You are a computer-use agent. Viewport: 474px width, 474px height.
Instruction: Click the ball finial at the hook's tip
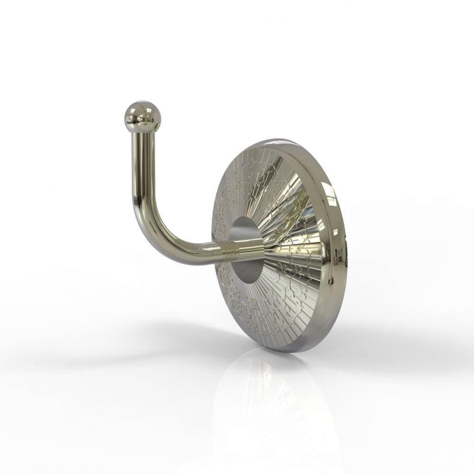[x=143, y=114]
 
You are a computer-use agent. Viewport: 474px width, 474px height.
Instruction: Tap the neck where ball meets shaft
[x=143, y=128]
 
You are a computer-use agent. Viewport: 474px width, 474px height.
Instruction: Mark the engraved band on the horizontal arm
[x=232, y=250]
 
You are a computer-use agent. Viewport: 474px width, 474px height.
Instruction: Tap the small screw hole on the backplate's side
[x=345, y=258]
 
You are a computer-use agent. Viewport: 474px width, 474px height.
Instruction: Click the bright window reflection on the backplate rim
[x=331, y=201]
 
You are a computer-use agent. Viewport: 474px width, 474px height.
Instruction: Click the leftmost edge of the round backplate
[x=212, y=237]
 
